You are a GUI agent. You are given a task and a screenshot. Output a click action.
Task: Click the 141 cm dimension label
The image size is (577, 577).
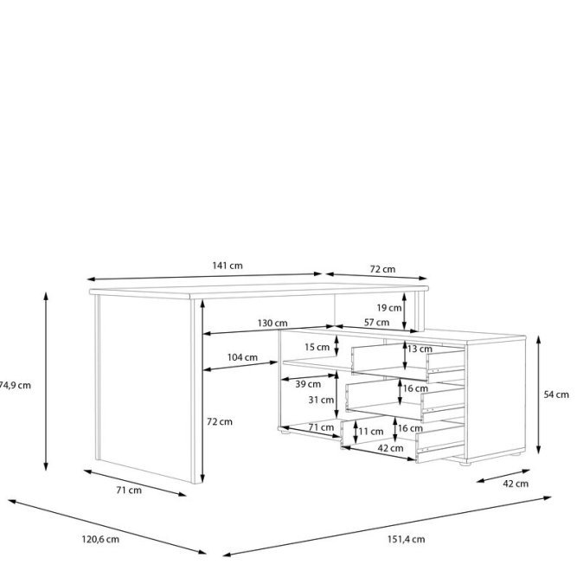(x=228, y=266)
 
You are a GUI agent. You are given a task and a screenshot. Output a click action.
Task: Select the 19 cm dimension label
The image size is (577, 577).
(x=389, y=308)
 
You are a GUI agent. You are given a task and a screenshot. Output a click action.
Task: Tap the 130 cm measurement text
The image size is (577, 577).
(x=272, y=323)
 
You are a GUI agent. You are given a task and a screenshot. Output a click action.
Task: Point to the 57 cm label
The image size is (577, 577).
(x=376, y=323)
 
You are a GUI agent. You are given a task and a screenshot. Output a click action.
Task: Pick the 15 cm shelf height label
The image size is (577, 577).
(x=317, y=347)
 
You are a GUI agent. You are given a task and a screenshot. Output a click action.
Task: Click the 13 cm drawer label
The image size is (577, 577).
(x=420, y=349)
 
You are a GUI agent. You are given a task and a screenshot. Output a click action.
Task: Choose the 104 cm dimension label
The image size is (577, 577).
(x=242, y=357)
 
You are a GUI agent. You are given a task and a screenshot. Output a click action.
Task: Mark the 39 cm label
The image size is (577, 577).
(x=308, y=384)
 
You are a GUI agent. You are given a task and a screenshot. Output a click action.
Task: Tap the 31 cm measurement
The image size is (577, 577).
(x=321, y=400)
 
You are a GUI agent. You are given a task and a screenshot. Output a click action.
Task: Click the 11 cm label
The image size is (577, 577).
(x=371, y=432)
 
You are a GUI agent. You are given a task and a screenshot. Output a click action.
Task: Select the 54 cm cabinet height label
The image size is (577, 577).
(x=556, y=394)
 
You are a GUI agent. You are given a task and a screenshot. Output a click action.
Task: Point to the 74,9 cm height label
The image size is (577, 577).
(x=15, y=385)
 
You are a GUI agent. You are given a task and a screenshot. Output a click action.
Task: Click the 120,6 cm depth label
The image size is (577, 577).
(x=100, y=540)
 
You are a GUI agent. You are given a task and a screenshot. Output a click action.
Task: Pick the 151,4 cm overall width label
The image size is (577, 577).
(x=406, y=540)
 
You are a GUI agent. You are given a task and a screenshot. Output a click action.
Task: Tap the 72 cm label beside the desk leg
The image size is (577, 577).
(x=220, y=421)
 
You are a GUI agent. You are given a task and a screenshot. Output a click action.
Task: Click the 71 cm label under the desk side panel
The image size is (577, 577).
(x=129, y=490)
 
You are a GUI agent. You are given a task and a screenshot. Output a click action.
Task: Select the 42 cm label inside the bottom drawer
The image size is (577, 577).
(x=390, y=448)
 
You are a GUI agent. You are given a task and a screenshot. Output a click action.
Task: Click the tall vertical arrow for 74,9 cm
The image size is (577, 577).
(x=46, y=381)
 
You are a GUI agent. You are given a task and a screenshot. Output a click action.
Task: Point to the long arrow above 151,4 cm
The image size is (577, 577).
(x=388, y=526)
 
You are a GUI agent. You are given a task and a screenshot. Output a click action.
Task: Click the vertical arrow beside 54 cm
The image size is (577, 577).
(x=538, y=394)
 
